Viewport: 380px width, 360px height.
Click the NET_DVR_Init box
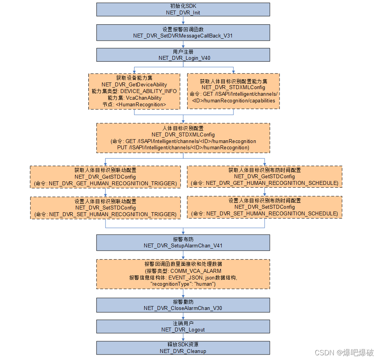[183, 9]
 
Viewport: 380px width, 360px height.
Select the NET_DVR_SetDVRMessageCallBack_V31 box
[183, 32]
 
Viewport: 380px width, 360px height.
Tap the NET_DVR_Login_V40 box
[183, 55]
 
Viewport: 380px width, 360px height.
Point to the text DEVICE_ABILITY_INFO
[148, 91]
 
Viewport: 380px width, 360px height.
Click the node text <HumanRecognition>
[134, 104]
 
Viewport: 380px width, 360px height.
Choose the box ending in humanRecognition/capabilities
[233, 91]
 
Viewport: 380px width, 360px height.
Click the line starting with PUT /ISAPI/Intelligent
[183, 147]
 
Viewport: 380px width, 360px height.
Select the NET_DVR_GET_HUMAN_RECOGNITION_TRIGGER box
[106, 177]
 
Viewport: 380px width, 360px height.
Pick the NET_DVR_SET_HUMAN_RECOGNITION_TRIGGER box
[106, 208]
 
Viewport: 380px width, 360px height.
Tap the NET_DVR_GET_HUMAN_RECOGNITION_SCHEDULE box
[265, 177]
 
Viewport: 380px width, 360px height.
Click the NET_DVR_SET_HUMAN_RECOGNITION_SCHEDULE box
[265, 207]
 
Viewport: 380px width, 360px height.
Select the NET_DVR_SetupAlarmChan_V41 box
[183, 242]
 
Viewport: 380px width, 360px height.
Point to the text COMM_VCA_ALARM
[201, 271]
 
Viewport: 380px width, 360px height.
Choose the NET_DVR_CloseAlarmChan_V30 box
[183, 305]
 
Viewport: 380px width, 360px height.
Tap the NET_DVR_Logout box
[183, 326]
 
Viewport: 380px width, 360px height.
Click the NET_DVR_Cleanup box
[183, 348]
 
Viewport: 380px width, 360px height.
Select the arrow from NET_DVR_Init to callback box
[183, 21]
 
